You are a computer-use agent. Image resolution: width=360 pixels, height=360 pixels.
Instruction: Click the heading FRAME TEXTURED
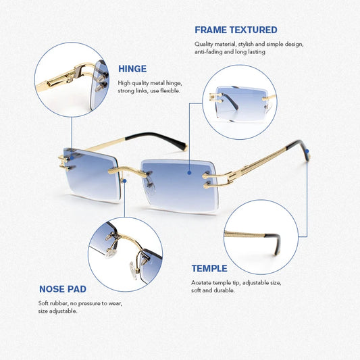[x=236, y=30]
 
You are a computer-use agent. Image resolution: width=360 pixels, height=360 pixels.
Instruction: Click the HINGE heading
[x=132, y=69]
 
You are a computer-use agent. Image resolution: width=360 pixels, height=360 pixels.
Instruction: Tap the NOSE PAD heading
[x=63, y=289]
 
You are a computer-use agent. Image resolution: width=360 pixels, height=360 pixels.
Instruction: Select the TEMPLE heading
[x=209, y=268]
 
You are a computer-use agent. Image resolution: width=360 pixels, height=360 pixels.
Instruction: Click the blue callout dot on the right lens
[x=189, y=173]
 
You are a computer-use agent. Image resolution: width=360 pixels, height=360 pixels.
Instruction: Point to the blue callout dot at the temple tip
[x=307, y=151]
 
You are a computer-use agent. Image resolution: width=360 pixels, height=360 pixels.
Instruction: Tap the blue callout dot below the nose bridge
[x=124, y=181]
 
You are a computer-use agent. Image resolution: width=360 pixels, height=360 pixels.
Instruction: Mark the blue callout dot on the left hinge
[x=72, y=158]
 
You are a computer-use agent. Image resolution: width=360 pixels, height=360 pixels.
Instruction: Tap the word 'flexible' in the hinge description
[x=170, y=91]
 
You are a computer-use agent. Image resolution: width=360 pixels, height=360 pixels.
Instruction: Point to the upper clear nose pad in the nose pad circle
[x=111, y=253]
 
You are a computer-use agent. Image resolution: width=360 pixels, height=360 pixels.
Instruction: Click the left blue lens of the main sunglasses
[x=91, y=174]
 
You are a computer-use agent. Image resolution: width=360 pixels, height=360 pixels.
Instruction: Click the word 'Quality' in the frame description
[x=203, y=44]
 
